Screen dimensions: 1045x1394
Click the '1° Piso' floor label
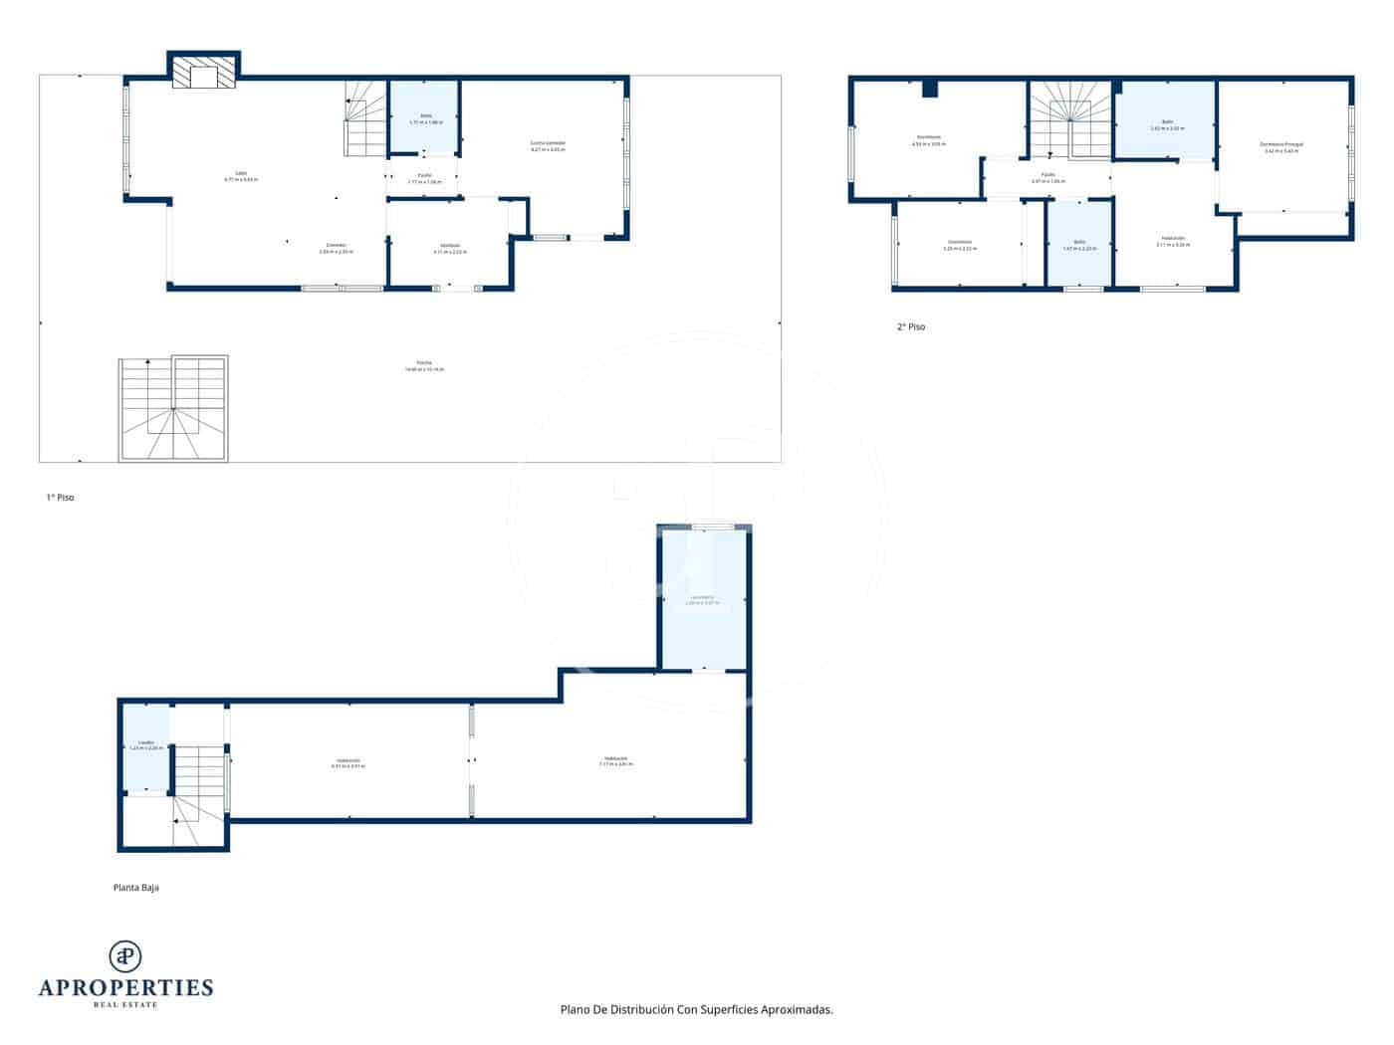pos(60,497)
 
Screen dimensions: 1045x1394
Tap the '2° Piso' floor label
pos(910,326)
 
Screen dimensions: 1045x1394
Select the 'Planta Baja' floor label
pos(136,887)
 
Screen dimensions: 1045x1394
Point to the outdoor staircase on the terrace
pos(173,409)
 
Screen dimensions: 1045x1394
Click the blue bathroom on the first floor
pos(424,117)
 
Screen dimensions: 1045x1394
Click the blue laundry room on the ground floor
pos(704,599)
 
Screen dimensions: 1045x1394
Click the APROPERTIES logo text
pos(125,987)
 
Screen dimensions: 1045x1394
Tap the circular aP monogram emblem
pos(125,955)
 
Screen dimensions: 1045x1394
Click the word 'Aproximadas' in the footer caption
pos(796,1009)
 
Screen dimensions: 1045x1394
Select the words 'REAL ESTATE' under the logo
pos(125,1004)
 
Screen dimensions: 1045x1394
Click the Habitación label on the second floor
pos(1172,240)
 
